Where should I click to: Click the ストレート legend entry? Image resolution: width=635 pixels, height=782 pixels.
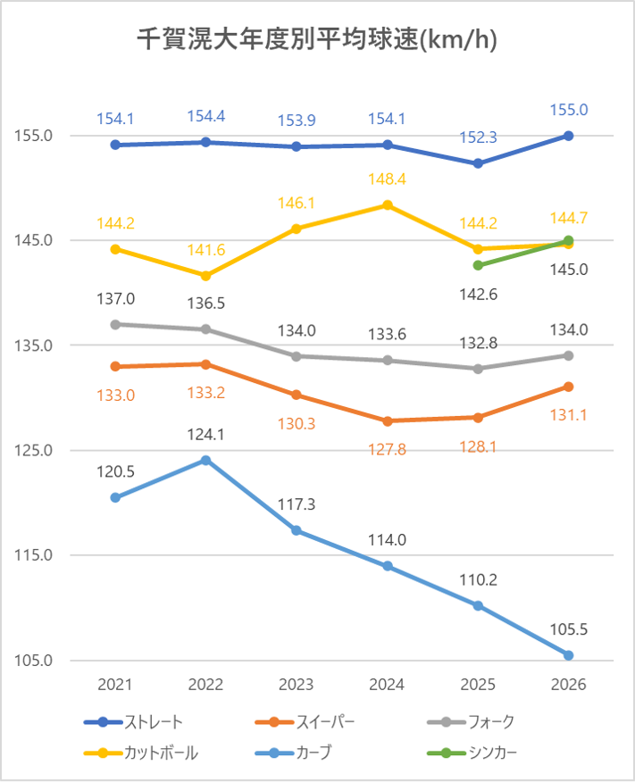click(x=134, y=721)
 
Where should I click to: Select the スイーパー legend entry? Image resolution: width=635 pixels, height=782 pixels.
click(x=305, y=721)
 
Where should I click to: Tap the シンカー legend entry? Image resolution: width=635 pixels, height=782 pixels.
click(x=472, y=753)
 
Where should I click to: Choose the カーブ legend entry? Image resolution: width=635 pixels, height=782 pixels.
click(x=293, y=753)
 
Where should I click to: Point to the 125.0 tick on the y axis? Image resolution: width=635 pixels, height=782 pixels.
click(x=33, y=450)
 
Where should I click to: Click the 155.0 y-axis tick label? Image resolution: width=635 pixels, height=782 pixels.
click(x=33, y=136)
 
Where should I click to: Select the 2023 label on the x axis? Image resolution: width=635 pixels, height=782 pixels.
click(x=297, y=684)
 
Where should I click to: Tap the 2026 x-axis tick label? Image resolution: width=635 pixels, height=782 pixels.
click(x=568, y=684)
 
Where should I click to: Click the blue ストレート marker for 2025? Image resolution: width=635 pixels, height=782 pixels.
click(x=478, y=163)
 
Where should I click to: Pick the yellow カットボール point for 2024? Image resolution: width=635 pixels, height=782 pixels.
click(x=387, y=205)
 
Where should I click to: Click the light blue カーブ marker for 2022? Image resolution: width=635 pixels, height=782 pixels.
click(x=205, y=460)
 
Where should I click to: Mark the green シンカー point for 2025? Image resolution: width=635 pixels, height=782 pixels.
click(x=478, y=265)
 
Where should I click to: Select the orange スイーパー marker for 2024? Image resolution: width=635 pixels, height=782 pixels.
click(x=387, y=421)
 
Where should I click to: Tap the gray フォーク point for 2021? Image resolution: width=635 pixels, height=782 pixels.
click(x=115, y=325)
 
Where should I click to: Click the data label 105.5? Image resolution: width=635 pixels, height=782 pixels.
click(x=569, y=629)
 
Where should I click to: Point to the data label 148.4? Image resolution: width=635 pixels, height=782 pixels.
click(x=387, y=179)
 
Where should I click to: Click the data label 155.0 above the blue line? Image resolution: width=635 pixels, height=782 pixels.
click(x=569, y=110)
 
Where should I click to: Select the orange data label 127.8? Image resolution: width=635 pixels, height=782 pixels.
click(x=387, y=450)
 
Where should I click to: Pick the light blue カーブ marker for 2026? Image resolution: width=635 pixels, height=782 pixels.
click(x=568, y=655)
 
